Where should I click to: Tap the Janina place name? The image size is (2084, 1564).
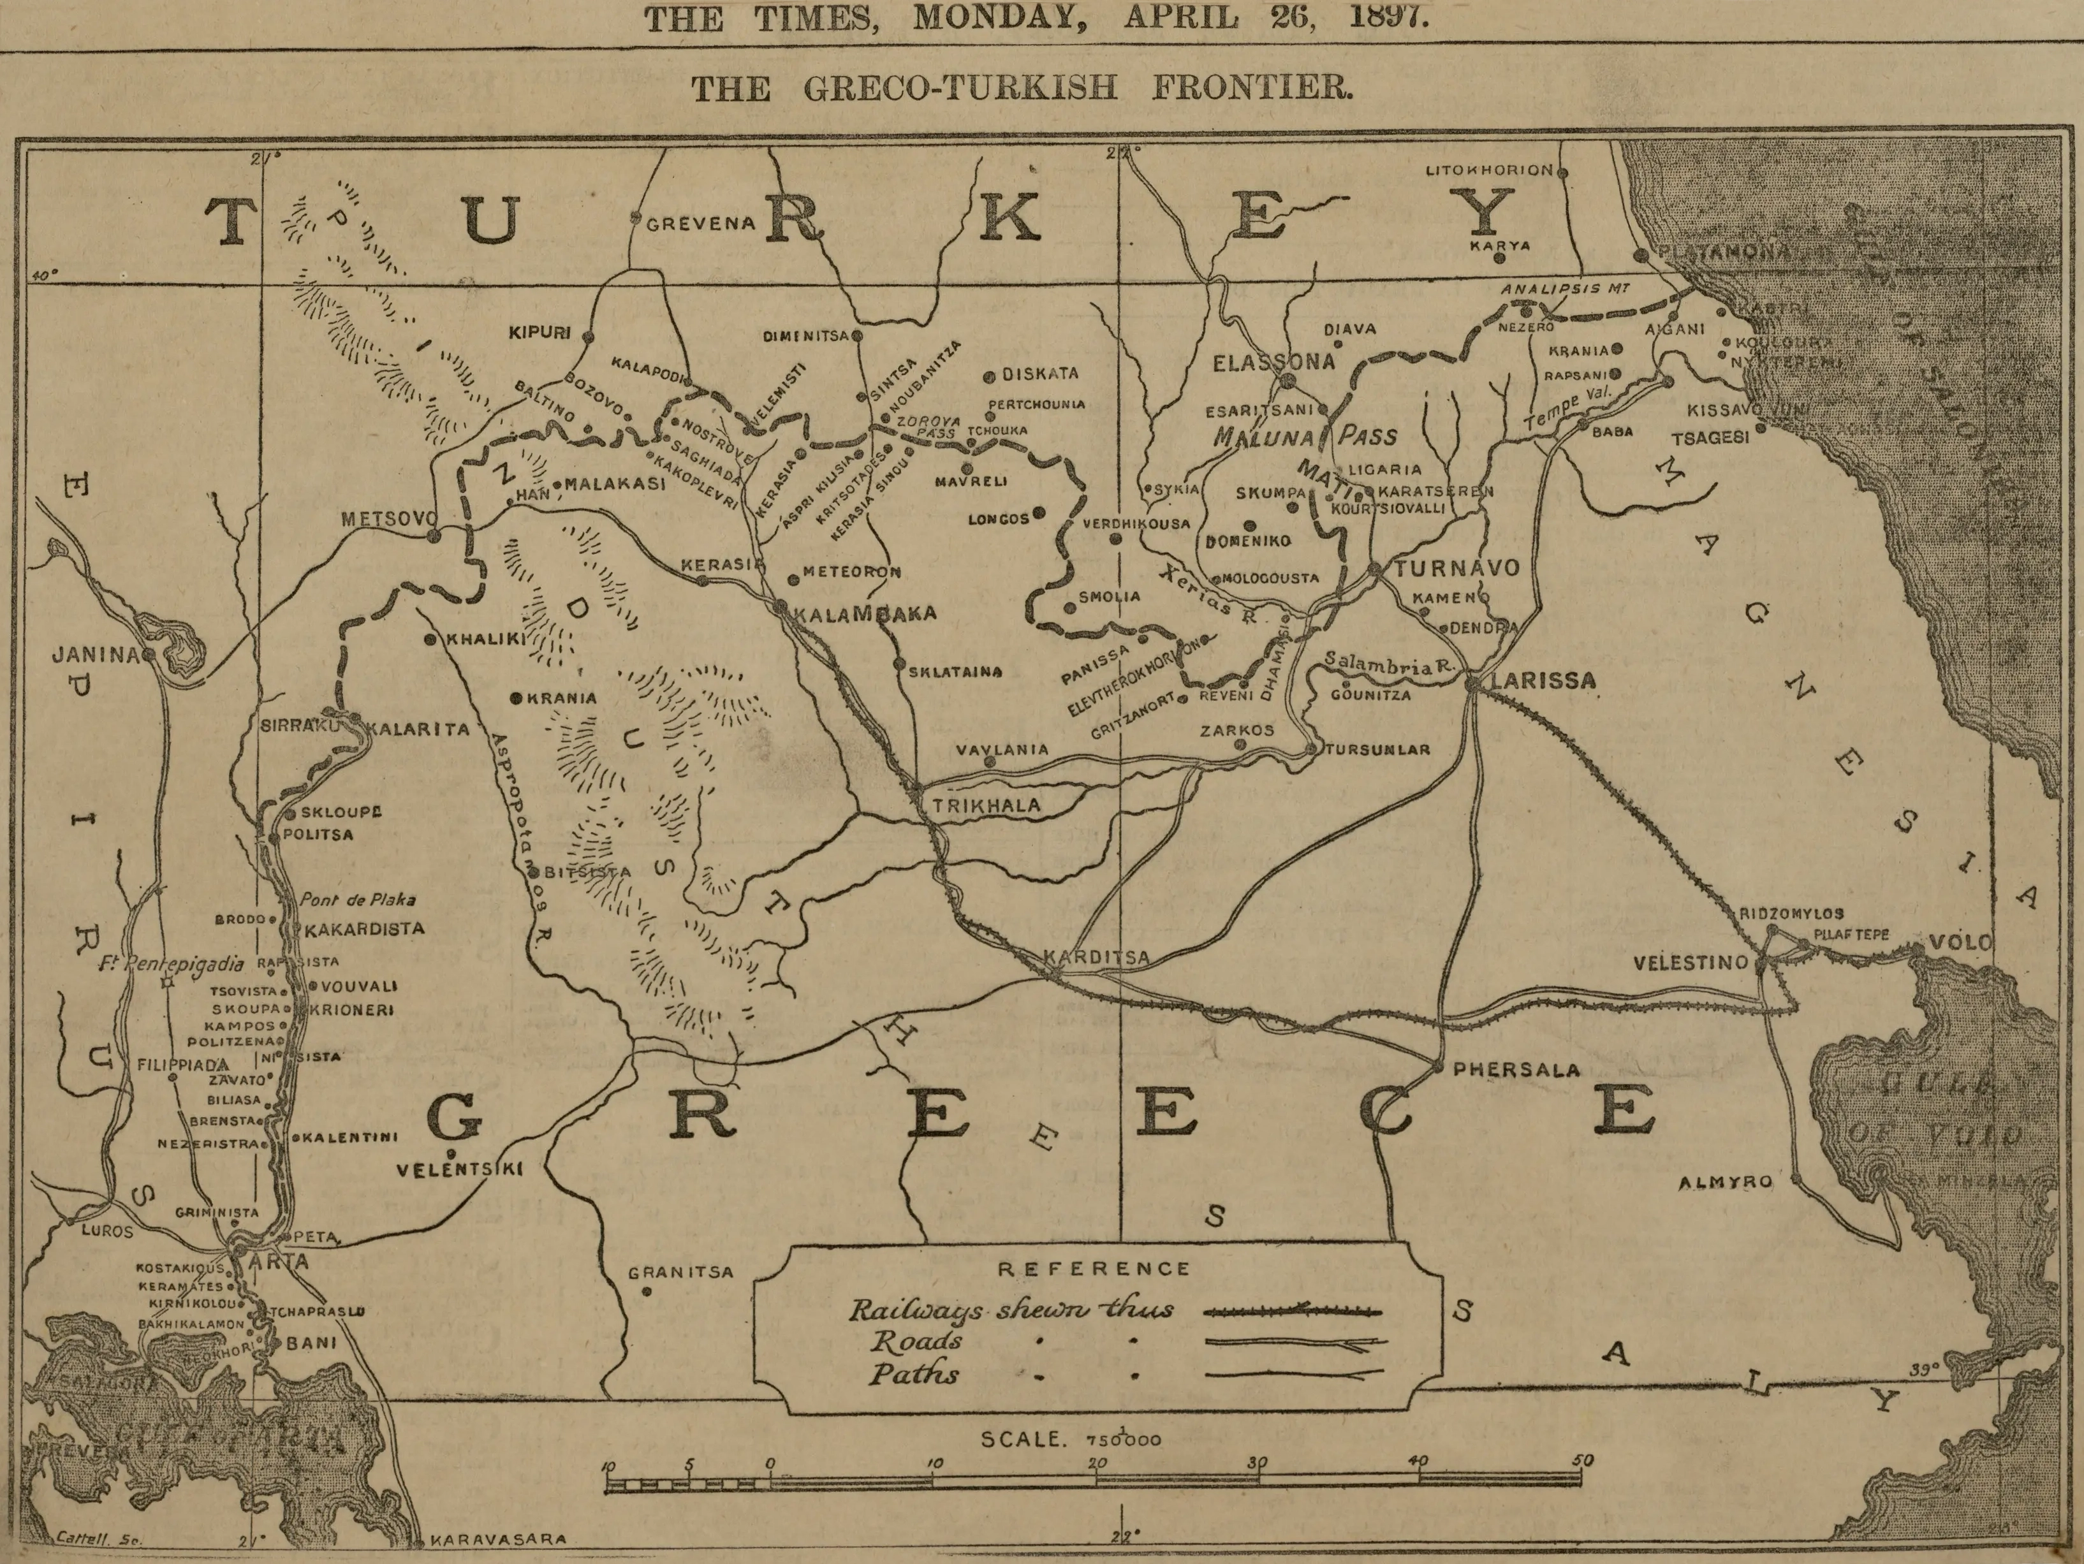tap(95, 654)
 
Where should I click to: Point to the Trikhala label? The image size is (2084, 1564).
tap(987, 805)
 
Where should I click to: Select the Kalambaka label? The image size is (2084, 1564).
tap(865, 613)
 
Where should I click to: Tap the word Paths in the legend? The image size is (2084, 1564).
tap(913, 1374)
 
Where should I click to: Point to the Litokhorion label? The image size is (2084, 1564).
tap(1488, 170)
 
